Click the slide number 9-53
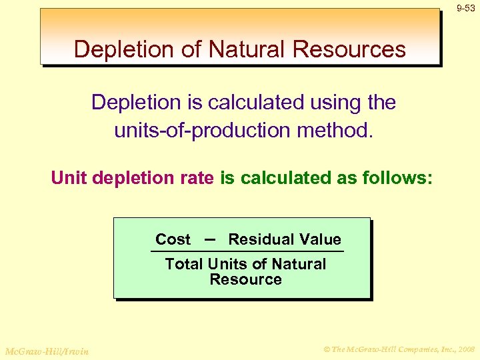466,8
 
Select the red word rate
195,179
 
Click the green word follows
397,179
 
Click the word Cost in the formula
173,239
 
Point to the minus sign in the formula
209,239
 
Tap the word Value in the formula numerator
319,239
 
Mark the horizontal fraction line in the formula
247,251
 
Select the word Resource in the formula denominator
245,279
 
